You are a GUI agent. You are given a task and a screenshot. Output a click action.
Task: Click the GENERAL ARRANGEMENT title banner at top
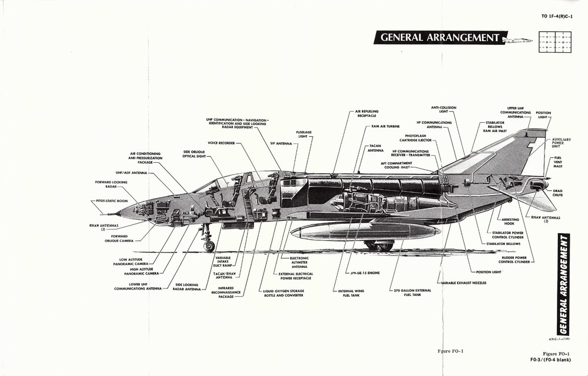pyautogui.click(x=440, y=38)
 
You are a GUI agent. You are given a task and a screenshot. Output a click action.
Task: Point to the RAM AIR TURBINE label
pyautogui.click(x=387, y=126)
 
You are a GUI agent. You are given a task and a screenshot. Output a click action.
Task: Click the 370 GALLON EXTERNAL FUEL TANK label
pyautogui.click(x=412, y=292)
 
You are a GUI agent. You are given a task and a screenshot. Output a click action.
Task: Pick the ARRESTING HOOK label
pyautogui.click(x=510, y=222)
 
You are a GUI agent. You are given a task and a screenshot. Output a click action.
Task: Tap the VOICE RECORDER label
pyautogui.click(x=221, y=143)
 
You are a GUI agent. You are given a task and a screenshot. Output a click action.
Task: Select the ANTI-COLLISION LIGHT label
pyautogui.click(x=443, y=110)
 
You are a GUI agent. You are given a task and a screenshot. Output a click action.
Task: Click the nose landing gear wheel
pyautogui.click(x=209, y=246)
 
